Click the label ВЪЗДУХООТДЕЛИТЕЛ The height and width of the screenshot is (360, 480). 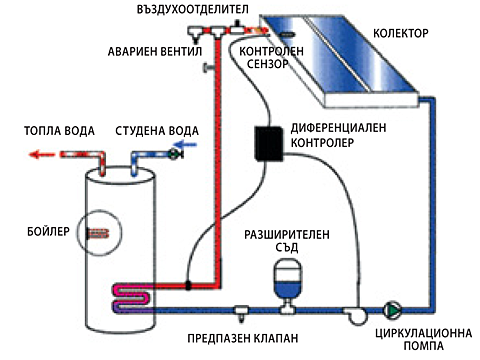(x=192, y=9)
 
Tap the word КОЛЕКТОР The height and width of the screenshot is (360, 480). (x=401, y=33)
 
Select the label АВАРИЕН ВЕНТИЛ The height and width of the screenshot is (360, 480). (x=155, y=51)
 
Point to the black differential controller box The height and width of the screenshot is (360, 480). (x=269, y=144)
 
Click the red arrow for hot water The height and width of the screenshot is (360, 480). (x=41, y=155)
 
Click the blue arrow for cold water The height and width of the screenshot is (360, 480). (x=186, y=145)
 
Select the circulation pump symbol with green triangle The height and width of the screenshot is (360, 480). (x=392, y=310)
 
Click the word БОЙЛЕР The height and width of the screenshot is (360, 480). (x=48, y=231)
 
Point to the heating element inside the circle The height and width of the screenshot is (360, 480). (x=97, y=233)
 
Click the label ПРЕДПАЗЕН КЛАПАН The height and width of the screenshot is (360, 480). (x=243, y=339)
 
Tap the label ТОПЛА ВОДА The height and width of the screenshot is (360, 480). (x=59, y=131)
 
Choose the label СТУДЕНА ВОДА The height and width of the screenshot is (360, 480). (x=157, y=131)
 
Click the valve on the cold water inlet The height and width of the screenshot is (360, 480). (x=175, y=154)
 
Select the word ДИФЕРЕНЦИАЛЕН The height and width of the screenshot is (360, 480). (x=338, y=128)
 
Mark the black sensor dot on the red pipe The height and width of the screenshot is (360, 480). (x=188, y=285)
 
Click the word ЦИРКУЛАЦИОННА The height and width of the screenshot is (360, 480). (x=423, y=333)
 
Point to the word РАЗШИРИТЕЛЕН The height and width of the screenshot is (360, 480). (x=287, y=235)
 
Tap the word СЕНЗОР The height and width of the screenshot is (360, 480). (x=267, y=64)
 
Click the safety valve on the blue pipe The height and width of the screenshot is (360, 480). (x=241, y=312)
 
